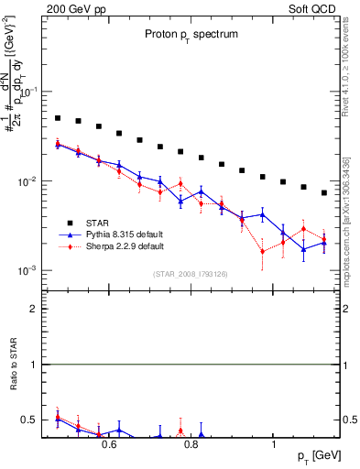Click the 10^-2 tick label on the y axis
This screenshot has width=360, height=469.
[27, 182]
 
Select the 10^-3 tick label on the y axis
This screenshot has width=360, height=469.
[27, 271]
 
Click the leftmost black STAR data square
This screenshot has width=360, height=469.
[57, 118]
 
